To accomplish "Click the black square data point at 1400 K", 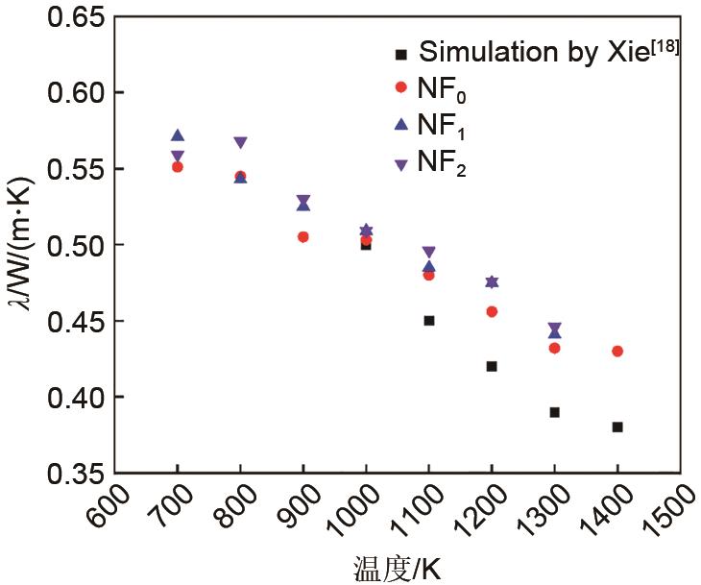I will (617, 427).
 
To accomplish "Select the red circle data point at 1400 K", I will (617, 352).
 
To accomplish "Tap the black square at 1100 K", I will (429, 320).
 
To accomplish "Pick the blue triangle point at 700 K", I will (178, 135).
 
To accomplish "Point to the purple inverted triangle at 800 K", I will (240, 143).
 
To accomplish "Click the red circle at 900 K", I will (302, 236).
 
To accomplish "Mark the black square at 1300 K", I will (555, 412).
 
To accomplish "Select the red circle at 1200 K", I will (492, 311).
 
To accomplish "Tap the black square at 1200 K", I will (492, 366).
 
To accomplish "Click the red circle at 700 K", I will (178, 166).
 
